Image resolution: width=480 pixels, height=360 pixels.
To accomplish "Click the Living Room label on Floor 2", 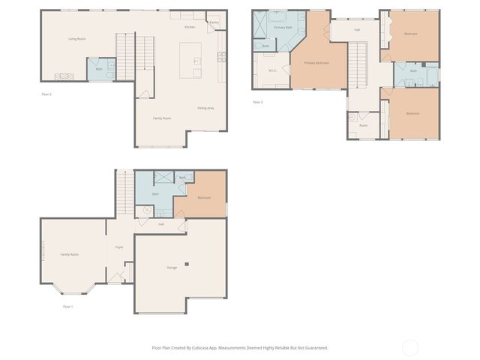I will [76, 39].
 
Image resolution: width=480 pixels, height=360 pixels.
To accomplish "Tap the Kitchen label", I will [190, 27].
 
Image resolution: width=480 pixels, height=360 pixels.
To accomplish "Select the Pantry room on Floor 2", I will [214, 22].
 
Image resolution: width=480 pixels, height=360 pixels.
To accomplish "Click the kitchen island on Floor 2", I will [191, 58].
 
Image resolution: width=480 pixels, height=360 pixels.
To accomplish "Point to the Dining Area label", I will [205, 109].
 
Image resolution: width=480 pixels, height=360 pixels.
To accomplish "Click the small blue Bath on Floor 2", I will [99, 69].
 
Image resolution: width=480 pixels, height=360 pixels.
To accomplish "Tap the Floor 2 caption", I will [46, 94].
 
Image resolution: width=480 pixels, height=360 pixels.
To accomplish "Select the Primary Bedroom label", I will [316, 63].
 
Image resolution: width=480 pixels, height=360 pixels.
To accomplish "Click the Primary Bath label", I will [283, 27].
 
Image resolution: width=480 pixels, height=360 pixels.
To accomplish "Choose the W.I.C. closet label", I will [273, 70].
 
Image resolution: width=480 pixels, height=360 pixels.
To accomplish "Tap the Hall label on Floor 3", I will [357, 30].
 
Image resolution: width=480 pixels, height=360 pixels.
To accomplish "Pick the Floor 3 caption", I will [258, 102].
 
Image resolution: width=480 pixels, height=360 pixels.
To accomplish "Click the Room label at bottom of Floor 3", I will [363, 125].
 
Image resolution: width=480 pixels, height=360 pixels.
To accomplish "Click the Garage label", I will [172, 268].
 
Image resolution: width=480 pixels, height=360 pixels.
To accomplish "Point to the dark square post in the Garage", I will [188, 262].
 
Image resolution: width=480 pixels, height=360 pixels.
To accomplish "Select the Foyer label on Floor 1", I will [119, 247].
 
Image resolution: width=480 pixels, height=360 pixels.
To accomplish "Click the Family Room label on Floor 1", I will [70, 255].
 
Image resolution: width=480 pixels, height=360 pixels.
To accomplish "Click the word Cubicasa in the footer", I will [199, 348].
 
